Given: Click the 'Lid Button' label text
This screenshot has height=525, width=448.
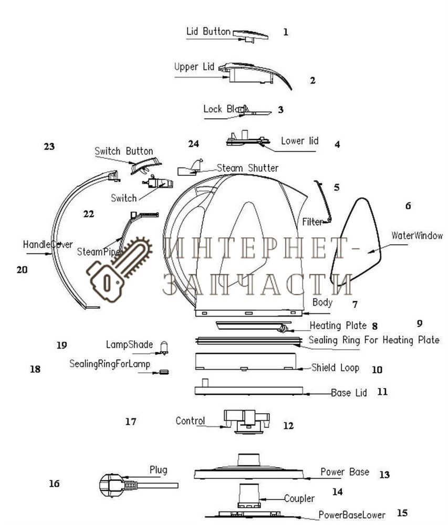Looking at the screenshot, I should (x=208, y=31).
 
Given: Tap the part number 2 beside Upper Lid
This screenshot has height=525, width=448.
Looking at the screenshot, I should (x=312, y=81).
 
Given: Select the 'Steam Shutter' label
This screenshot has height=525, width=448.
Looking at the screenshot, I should (x=248, y=168).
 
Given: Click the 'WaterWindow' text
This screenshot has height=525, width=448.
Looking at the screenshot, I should (x=417, y=236).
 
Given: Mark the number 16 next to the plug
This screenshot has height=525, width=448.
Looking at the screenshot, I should (x=54, y=484).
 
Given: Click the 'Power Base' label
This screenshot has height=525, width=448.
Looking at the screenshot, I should (x=345, y=472).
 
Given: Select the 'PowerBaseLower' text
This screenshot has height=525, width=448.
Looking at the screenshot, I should (x=352, y=514).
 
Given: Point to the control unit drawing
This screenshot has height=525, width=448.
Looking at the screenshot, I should (x=246, y=420).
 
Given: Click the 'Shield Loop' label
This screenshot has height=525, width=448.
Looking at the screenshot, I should (x=335, y=367).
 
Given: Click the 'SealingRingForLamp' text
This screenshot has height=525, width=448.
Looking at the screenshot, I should (x=110, y=364).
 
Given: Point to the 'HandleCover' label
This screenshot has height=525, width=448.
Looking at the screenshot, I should (x=48, y=245).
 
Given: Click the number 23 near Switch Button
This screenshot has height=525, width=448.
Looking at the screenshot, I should (x=49, y=147).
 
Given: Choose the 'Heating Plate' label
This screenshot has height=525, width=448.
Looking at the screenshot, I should (x=338, y=325).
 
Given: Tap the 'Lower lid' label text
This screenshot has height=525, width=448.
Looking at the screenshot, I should (x=299, y=141).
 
